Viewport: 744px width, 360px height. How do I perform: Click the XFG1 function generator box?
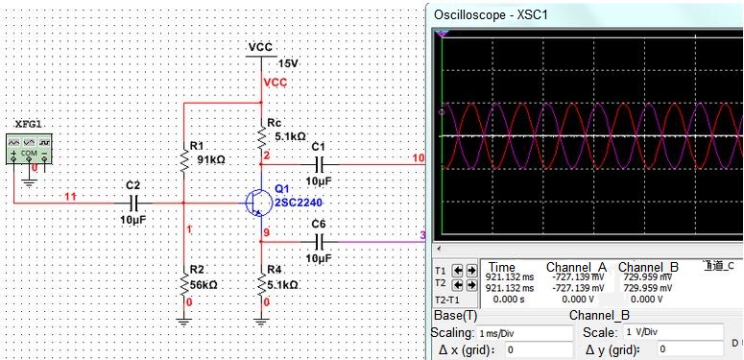(29, 150)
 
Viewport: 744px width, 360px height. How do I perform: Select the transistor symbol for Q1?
(256, 203)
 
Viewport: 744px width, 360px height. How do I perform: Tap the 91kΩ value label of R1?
(210, 160)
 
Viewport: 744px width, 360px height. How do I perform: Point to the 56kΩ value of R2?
(204, 285)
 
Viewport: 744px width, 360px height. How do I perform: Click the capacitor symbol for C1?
(319, 164)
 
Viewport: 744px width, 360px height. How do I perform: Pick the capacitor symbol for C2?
(133, 204)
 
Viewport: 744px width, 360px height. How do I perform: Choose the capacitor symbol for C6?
(319, 242)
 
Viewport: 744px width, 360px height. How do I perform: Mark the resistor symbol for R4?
(261, 284)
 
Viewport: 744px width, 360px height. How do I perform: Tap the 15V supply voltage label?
(288, 64)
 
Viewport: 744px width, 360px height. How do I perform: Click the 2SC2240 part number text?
(299, 203)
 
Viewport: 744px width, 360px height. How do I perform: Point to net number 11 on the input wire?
(71, 197)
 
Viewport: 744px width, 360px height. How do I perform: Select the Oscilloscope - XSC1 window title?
(492, 14)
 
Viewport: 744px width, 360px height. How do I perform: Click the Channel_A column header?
(577, 267)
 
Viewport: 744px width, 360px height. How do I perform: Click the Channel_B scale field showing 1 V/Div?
(672, 332)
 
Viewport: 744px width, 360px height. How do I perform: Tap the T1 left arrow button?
(458, 271)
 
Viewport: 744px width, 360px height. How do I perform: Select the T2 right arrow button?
(471, 285)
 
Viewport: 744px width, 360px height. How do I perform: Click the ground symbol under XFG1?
(29, 182)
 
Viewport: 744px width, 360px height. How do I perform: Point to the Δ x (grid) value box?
(539, 350)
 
